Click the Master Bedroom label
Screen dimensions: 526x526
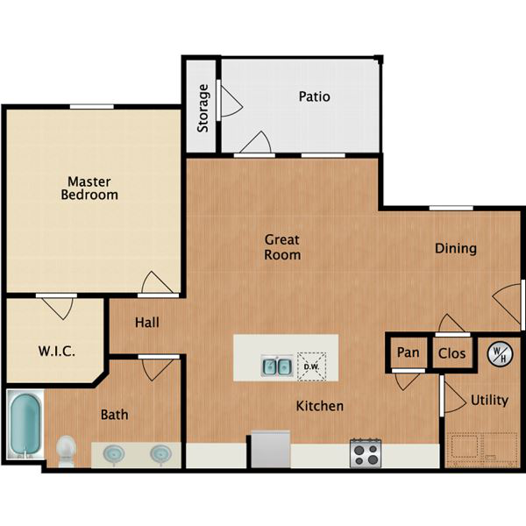click(89, 188)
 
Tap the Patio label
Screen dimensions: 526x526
click(315, 96)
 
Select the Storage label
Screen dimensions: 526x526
click(203, 108)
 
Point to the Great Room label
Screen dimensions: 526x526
click(282, 247)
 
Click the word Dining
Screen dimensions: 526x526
click(456, 249)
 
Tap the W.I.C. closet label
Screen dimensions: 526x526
click(56, 352)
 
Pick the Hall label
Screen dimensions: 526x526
click(147, 323)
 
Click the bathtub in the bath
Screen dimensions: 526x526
click(25, 424)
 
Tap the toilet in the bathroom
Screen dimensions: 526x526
click(66, 451)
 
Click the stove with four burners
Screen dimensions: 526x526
click(366, 453)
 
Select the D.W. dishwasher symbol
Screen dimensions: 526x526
click(311, 366)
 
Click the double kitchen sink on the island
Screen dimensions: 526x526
click(277, 366)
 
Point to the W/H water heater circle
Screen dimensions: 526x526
click(500, 354)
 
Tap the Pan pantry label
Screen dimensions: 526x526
click(408, 352)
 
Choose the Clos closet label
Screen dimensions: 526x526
click(451, 353)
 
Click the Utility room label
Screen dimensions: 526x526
click(489, 401)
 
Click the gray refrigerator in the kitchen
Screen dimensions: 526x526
click(271, 449)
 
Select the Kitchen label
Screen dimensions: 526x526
click(320, 406)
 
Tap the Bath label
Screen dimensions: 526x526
click(114, 415)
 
